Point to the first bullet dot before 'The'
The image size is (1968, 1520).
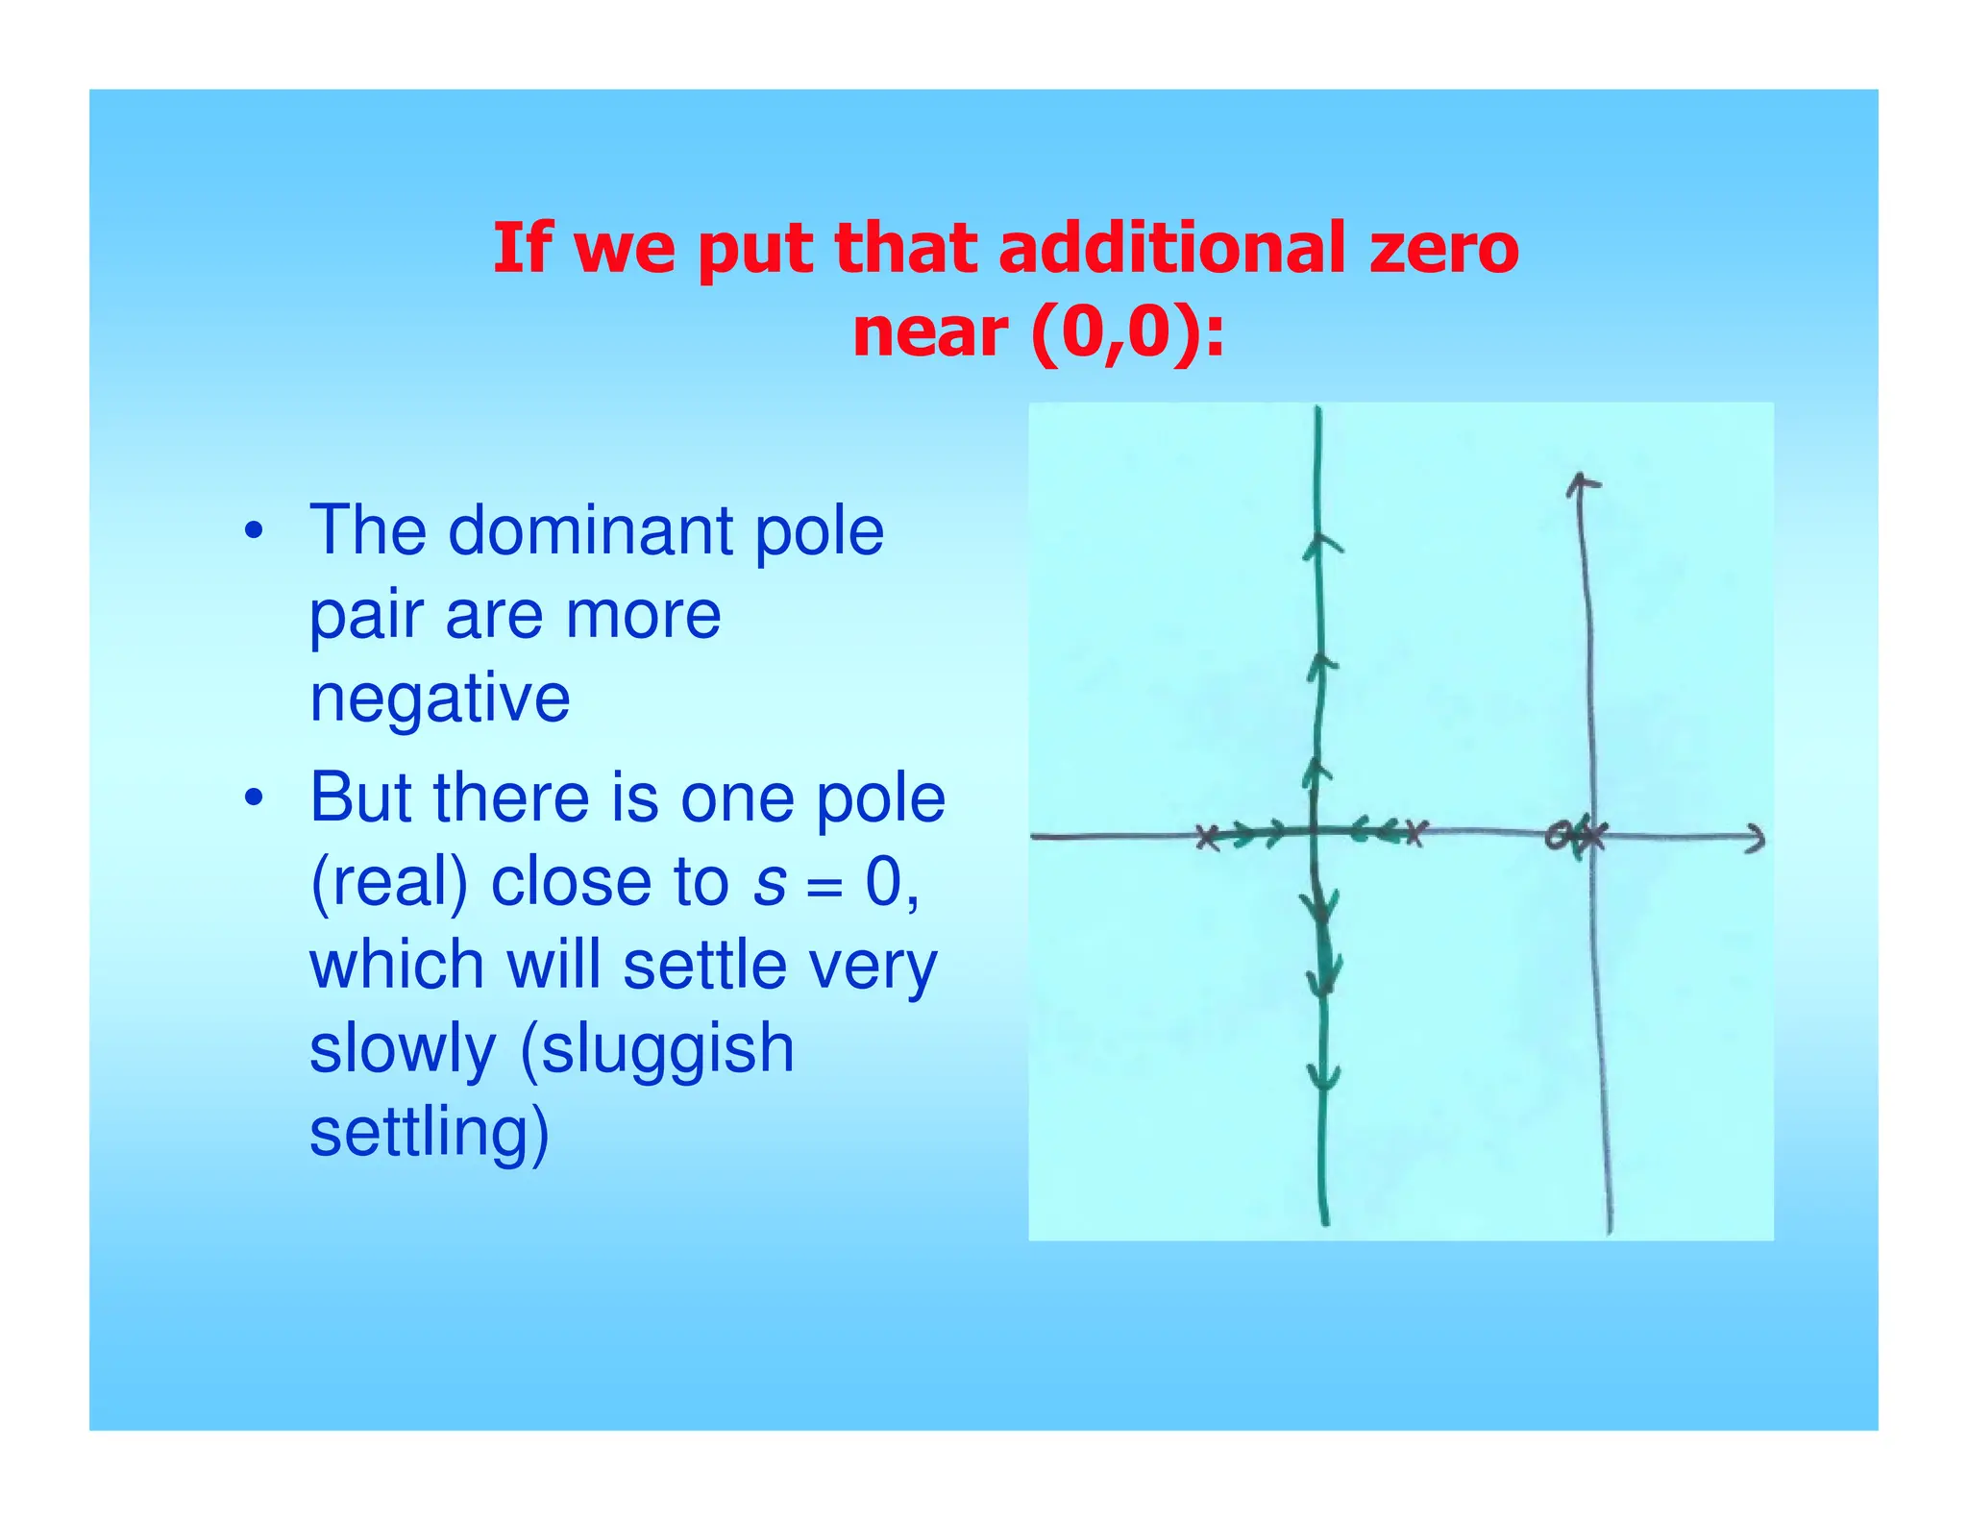tap(253, 531)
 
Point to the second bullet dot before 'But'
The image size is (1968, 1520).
tap(253, 797)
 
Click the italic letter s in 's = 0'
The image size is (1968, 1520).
tap(770, 881)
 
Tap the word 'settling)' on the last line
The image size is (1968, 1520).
tap(430, 1132)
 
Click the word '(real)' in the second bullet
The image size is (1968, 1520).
tap(389, 881)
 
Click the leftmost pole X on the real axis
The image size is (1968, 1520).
tap(1209, 837)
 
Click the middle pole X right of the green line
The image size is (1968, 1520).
tap(1415, 832)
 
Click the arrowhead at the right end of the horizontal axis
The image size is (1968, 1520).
tap(1756, 839)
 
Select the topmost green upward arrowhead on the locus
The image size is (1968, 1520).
tap(1321, 546)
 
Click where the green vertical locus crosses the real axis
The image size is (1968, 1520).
tap(1315, 831)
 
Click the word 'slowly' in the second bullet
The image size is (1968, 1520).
tap(403, 1048)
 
